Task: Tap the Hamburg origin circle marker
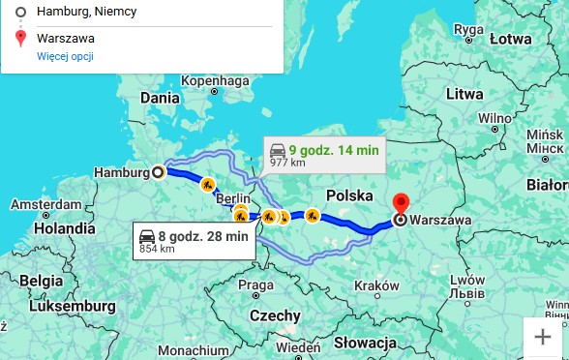click(x=159, y=172)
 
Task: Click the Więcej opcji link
click(x=65, y=57)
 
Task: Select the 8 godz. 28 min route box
click(x=194, y=241)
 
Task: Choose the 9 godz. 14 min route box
click(x=324, y=154)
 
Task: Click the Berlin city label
click(x=232, y=198)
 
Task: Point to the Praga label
click(x=255, y=285)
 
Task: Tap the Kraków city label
click(x=376, y=285)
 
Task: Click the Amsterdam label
click(x=45, y=204)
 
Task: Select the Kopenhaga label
click(x=215, y=80)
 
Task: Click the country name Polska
click(x=349, y=195)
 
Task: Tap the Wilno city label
click(x=494, y=118)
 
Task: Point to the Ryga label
click(x=468, y=29)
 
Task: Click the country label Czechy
click(x=275, y=315)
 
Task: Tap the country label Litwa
click(x=464, y=94)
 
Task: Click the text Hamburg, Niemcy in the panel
click(x=87, y=11)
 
